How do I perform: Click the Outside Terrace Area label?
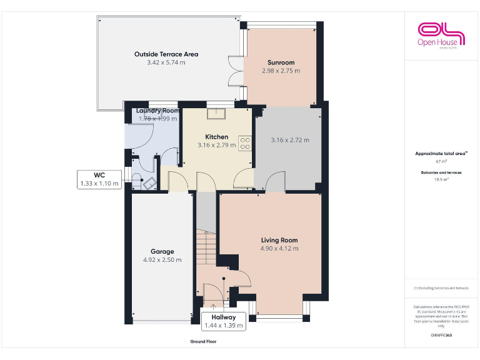[166, 54]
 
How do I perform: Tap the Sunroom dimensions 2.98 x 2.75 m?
[281, 71]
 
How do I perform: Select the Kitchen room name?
[217, 137]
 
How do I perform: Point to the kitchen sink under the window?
[217, 112]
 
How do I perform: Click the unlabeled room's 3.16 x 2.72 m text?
[290, 140]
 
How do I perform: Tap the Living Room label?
[279, 240]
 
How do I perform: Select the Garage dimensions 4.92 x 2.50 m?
[162, 260]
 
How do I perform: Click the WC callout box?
[99, 179]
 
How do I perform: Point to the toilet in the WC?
[149, 183]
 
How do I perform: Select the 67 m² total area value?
[441, 161]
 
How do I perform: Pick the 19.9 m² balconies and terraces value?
[441, 179]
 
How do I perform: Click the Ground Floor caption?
[203, 342]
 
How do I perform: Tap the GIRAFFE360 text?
[441, 336]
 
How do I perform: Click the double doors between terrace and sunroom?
[235, 71]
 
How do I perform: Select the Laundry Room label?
[157, 111]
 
